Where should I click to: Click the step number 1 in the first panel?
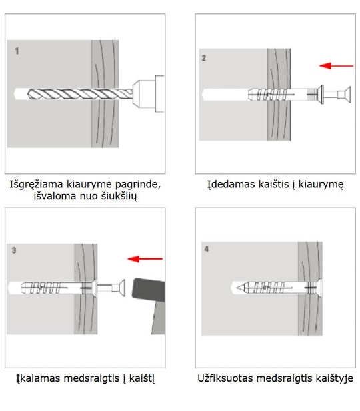coord(17,50)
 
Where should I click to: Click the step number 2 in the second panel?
coord(205,59)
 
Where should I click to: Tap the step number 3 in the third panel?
coord(15,251)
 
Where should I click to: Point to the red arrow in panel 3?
coord(145,258)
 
